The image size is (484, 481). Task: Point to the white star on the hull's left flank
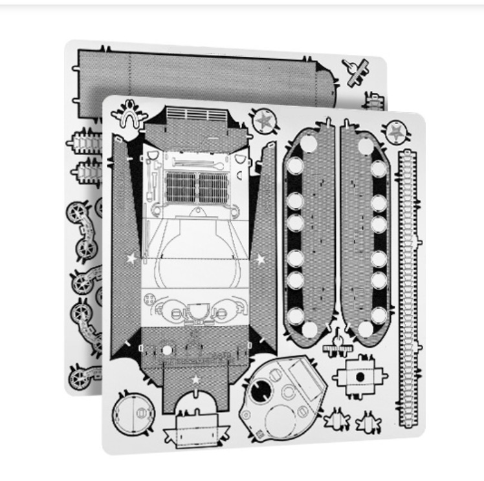click(132, 259)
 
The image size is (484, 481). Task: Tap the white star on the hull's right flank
click(260, 259)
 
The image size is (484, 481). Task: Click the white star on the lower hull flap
click(195, 379)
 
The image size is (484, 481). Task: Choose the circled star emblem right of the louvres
click(264, 120)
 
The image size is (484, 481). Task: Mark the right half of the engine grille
click(214, 187)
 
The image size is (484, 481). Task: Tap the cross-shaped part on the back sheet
click(355, 72)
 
